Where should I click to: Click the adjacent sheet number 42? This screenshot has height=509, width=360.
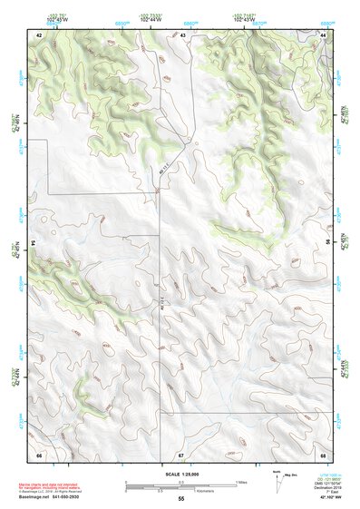click(39, 34)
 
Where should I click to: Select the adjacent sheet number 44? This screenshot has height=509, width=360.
click(324, 34)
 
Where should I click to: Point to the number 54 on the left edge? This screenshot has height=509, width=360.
click(32, 243)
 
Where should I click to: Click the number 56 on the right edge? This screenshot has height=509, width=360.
click(328, 243)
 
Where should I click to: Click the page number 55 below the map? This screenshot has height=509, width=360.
click(180, 499)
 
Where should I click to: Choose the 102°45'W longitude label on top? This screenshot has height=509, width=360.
click(54, 20)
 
